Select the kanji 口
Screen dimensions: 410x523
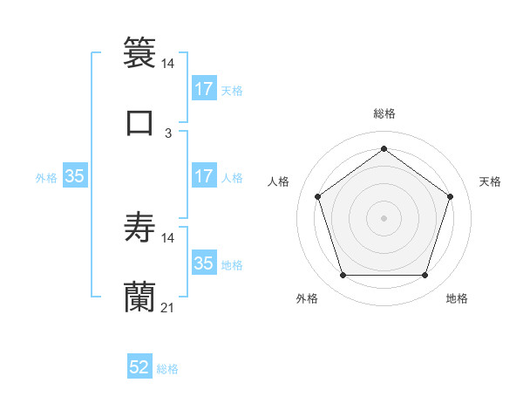[139, 122]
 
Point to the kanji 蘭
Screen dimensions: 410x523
[139, 297]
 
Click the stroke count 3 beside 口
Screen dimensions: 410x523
[168, 133]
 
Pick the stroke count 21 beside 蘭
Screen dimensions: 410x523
[168, 308]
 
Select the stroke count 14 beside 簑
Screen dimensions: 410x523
[168, 64]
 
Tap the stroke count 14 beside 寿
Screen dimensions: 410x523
[168, 237]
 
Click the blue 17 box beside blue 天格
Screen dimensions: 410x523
[203, 88]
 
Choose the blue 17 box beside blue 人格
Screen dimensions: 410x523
[203, 176]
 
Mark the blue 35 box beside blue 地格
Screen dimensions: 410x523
[203, 263]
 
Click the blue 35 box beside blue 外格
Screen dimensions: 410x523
[75, 176]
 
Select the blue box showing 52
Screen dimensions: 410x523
[139, 367]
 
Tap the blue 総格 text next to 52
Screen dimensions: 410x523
[167, 369]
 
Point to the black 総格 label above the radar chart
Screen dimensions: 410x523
[384, 113]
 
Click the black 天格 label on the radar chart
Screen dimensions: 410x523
[490, 181]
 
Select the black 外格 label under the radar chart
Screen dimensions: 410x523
[307, 298]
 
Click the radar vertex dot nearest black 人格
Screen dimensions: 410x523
[318, 196]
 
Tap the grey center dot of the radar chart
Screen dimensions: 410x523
[384, 217]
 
